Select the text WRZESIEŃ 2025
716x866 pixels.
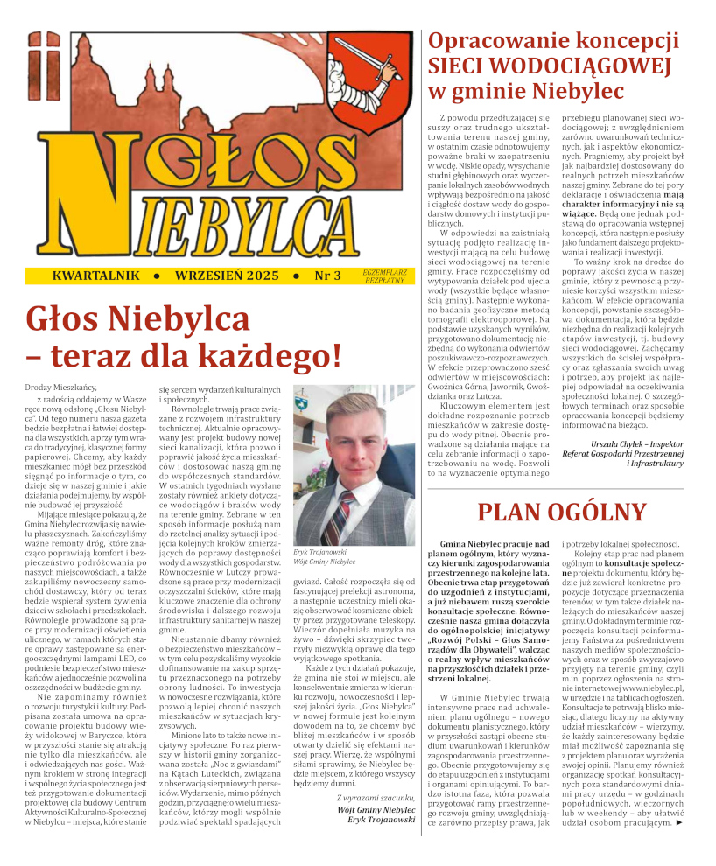[x=227, y=276]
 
